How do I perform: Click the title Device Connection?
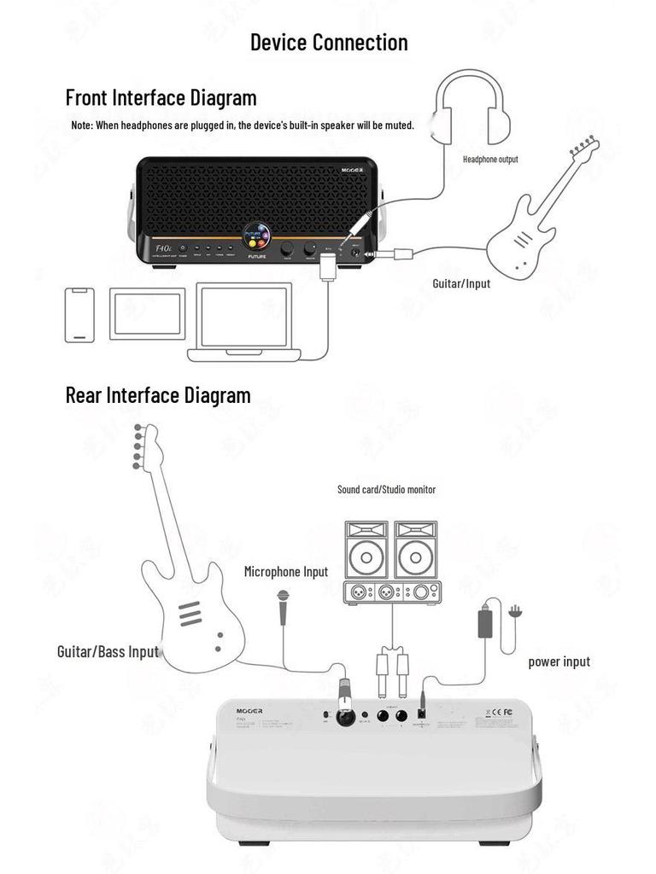pyautogui.click(x=328, y=42)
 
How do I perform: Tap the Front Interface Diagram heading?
pyautogui.click(x=161, y=97)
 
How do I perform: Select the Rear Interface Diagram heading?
pyautogui.click(x=158, y=395)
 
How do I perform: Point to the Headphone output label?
pyautogui.click(x=489, y=160)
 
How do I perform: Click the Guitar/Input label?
pyautogui.click(x=461, y=283)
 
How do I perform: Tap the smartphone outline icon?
pyautogui.click(x=80, y=315)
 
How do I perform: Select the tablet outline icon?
pyautogui.click(x=147, y=313)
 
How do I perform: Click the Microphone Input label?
pyautogui.click(x=285, y=572)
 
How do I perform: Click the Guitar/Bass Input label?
pyautogui.click(x=108, y=652)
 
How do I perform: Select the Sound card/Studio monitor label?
pyautogui.click(x=386, y=489)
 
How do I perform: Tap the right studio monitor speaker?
pyautogui.click(x=416, y=550)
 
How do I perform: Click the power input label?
pyautogui.click(x=559, y=661)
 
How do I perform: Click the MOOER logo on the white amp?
pyautogui.click(x=250, y=710)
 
